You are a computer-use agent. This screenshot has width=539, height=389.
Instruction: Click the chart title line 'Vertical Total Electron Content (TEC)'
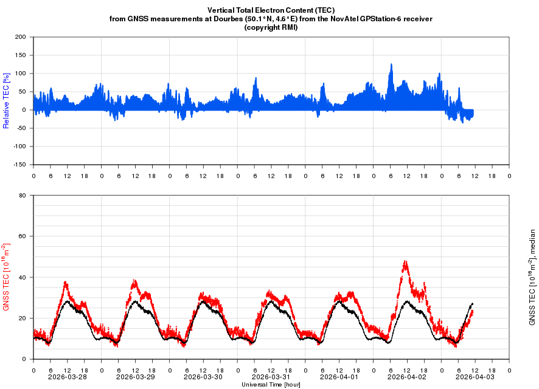pyautogui.click(x=271, y=10)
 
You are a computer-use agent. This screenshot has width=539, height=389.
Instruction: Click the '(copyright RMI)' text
pyautogui.click(x=271, y=27)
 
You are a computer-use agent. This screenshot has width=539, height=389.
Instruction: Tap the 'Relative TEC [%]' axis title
pyautogui.click(x=6, y=100)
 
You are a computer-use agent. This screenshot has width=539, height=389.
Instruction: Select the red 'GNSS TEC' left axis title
pyautogui.click(x=6, y=277)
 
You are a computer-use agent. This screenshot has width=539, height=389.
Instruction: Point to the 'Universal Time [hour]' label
pyautogui.click(x=271, y=384)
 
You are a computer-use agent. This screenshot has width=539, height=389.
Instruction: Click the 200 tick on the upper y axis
pyautogui.click(x=20, y=37)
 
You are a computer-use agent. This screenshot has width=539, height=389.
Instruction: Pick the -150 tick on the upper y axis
pyautogui.click(x=19, y=165)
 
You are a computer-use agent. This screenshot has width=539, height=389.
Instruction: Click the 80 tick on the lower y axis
pyautogui.click(x=22, y=196)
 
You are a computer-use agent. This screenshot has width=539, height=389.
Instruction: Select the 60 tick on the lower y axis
pyautogui.click(x=22, y=236)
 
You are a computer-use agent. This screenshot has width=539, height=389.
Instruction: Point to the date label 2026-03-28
pyautogui.click(x=68, y=377)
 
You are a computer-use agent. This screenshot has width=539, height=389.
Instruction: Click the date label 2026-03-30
pyautogui.click(x=203, y=377)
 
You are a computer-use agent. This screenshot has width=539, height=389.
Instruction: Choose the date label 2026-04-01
pyautogui.click(x=339, y=377)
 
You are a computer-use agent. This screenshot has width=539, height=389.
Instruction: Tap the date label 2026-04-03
pyautogui.click(x=475, y=377)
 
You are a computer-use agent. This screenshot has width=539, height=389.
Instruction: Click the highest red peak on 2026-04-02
pyautogui.click(x=405, y=261)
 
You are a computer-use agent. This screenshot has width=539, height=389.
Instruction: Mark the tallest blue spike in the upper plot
pyautogui.click(x=391, y=64)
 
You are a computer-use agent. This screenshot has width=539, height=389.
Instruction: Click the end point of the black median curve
pyautogui.click(x=472, y=303)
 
